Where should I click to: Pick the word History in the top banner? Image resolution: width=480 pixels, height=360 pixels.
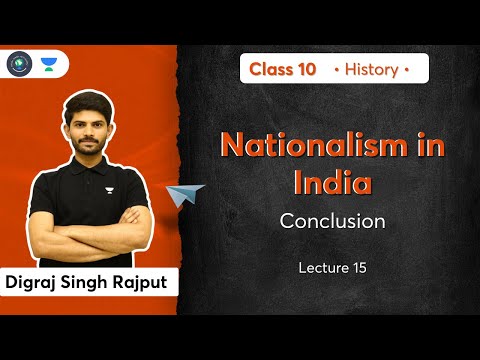[x=379, y=69]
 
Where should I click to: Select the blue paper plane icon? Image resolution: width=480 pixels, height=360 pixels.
[x=187, y=194]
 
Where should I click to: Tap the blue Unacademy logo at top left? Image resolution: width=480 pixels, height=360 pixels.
[x=47, y=64]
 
